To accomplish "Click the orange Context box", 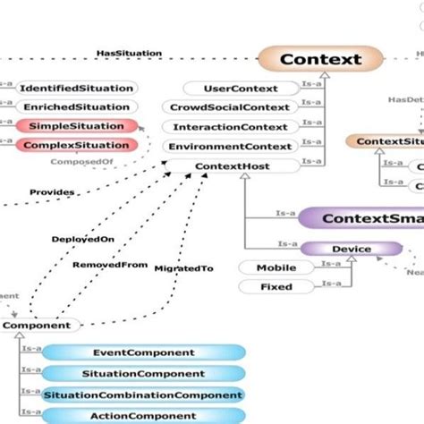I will coord(320,60).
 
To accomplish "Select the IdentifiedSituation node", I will coord(76,89).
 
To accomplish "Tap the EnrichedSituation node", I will coord(76,107).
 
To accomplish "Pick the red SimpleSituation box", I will coord(76,126).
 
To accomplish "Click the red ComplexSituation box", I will coord(76,145).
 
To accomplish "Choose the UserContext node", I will coord(241,89).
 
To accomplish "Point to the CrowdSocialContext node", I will coord(241,108).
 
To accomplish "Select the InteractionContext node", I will coord(241,128).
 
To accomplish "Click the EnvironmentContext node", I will coord(241,147).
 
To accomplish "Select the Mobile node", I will coord(276,267).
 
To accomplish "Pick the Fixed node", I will coord(276,287).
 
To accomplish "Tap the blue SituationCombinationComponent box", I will coord(143,394).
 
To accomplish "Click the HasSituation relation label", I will coord(129,54).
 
